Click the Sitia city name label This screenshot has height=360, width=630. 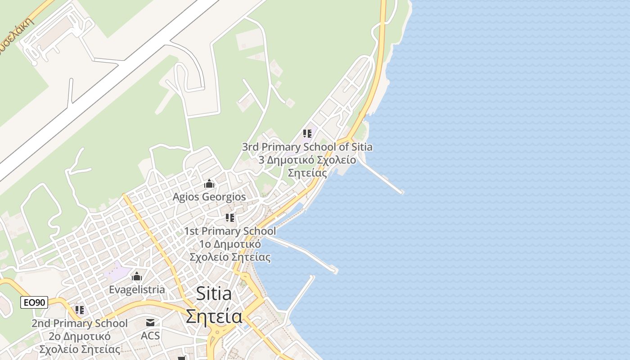pos(214,294)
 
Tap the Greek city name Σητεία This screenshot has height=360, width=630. pos(214,316)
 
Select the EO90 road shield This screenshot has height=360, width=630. pos(34,302)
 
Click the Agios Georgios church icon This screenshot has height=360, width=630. pos(209,184)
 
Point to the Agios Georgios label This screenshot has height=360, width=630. pos(209,197)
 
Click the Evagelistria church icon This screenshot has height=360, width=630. pos(137,276)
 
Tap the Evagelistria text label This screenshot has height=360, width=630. pos(137,289)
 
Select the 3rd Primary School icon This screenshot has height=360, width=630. pos(307,133)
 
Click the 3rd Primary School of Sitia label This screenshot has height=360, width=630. pos(307,147)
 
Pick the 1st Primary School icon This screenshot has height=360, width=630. pos(230,218)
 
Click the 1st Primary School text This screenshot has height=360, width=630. pos(230,231)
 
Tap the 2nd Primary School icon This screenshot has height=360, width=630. pos(80,310)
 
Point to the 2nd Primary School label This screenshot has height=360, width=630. pos(80,323)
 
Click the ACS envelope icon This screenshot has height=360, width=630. pos(150,322)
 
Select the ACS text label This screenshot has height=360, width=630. pos(150,336)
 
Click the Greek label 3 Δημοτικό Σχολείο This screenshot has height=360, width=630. pos(307,160)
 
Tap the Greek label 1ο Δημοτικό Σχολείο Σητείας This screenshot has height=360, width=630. pos(230,251)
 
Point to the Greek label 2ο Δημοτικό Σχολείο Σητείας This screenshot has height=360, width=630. pos(80,342)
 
